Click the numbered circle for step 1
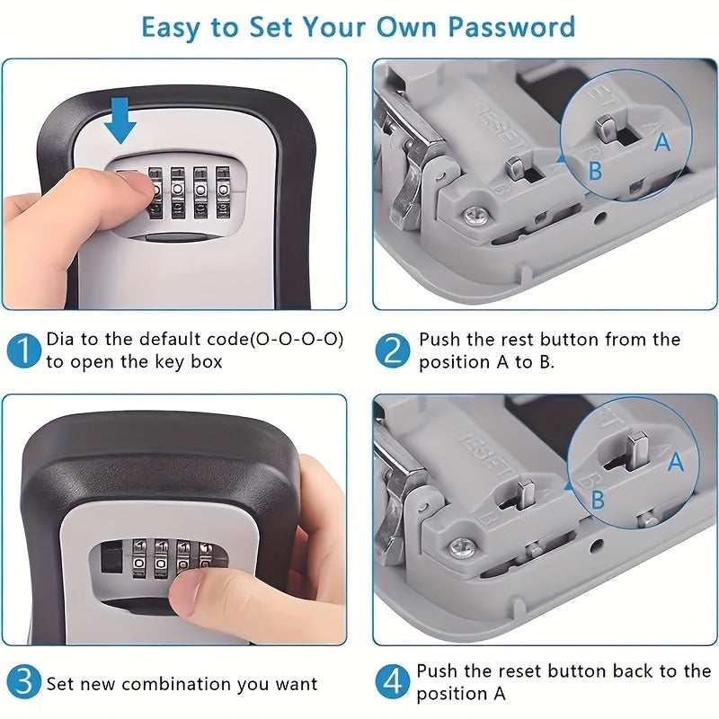(x=24, y=351)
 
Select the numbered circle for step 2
(x=393, y=351)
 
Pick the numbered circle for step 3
(x=24, y=681)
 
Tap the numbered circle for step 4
(x=393, y=681)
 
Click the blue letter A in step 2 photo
(x=661, y=142)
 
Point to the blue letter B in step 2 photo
(x=595, y=170)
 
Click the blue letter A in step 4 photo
(x=676, y=461)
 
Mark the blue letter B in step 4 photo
(x=598, y=500)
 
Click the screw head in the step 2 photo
(x=475, y=216)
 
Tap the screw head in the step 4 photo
(x=462, y=547)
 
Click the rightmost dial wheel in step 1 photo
(x=223, y=191)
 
